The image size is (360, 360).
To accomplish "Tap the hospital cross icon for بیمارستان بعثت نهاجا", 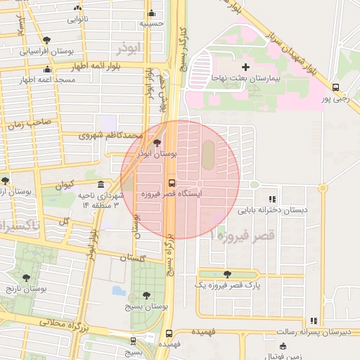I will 245,67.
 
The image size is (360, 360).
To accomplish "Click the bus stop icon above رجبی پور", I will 335,89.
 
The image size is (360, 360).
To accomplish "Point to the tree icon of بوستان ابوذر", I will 156,143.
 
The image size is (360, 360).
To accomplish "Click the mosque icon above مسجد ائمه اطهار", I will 47,69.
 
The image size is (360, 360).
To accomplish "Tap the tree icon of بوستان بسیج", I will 146,296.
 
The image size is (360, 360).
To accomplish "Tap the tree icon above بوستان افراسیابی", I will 46,40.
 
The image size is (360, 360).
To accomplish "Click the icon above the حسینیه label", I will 151,13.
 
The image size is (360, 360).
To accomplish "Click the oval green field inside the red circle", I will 208,150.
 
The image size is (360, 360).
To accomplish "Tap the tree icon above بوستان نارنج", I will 27,278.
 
